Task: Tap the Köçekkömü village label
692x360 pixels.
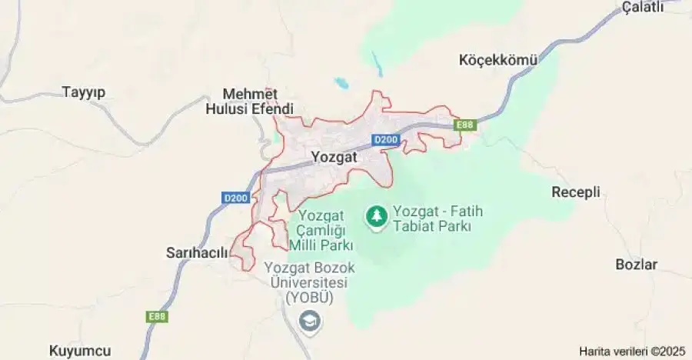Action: coord(498,59)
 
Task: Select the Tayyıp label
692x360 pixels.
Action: coord(83,92)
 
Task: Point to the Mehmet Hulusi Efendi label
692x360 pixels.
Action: coord(250,101)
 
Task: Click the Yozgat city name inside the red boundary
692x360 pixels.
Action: coord(336,157)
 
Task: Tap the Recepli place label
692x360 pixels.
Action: coord(576,192)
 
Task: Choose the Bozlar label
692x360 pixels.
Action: coord(637,265)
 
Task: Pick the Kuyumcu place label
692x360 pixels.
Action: coord(80,351)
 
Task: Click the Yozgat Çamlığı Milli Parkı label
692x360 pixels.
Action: coord(321,230)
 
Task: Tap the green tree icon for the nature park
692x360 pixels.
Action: coord(377,216)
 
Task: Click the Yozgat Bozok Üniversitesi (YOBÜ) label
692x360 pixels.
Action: coord(306,282)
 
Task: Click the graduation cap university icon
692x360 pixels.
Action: coord(310,321)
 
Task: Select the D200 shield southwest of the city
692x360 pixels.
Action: coord(236,198)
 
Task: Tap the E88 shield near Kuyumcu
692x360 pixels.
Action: coord(158,316)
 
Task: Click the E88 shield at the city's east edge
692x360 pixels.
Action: coord(464,125)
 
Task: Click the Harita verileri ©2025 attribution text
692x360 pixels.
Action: coord(632,351)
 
